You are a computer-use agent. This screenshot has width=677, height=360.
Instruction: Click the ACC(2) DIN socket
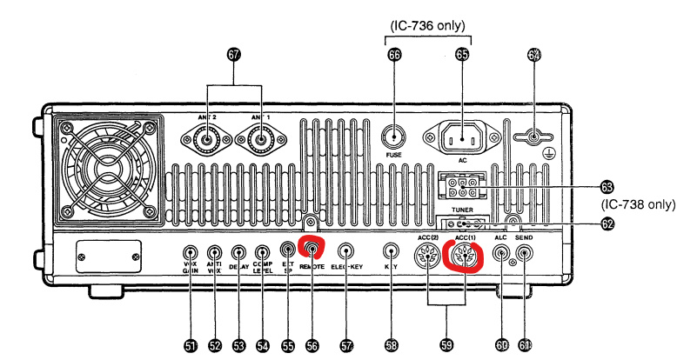pos(426,257)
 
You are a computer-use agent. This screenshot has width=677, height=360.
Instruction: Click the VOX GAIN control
pos(191,255)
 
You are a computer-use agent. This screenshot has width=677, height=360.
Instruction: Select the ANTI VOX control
pos(216,255)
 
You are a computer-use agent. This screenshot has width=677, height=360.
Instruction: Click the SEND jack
pos(524,253)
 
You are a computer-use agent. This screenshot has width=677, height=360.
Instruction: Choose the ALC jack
pos(501,253)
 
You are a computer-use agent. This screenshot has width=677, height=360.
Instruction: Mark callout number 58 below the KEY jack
pos(392,344)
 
